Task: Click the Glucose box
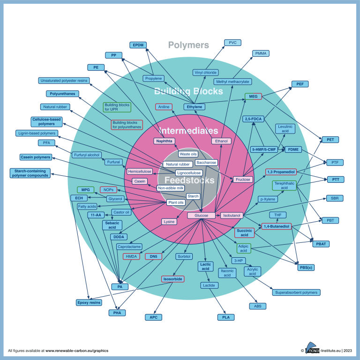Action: point(201,216)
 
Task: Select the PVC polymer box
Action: point(232,43)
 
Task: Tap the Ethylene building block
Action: point(195,107)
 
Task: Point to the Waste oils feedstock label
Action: point(188,154)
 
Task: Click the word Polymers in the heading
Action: point(188,45)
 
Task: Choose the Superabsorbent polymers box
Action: point(296,292)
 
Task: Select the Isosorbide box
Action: point(173,279)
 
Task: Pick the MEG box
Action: point(253,97)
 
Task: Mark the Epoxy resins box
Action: point(89,302)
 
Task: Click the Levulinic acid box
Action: point(286,129)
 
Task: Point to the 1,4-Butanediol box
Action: point(277,226)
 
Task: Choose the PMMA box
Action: point(261,53)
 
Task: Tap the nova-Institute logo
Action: point(315,349)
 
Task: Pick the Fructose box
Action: point(243,180)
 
